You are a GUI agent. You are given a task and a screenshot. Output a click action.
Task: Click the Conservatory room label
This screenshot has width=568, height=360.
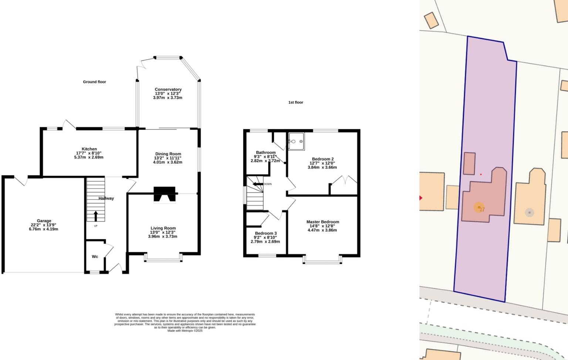pos(168,89)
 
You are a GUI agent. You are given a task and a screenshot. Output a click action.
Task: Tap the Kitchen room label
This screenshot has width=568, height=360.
pos(89,149)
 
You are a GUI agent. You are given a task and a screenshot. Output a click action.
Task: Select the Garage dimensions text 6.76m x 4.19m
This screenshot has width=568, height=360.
pos(44,229)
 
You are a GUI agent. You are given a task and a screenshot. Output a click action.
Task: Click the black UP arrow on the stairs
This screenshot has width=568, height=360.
pos(96,216)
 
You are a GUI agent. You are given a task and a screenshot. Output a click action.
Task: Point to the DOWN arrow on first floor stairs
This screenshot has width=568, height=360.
pos(258,184)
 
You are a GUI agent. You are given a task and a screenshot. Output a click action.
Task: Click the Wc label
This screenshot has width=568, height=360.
pos(95,256)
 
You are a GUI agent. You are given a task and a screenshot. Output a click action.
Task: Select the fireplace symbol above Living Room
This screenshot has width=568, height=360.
pos(165,195)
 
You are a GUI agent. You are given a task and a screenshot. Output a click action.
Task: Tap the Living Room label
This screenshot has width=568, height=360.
pos(163,228)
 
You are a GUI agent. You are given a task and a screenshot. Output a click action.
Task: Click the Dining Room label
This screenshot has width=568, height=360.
pos(168,154)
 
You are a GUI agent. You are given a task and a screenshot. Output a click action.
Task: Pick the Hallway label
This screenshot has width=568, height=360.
pos(106,198)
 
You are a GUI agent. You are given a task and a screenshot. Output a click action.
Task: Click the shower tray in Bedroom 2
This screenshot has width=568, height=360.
pos(297,141)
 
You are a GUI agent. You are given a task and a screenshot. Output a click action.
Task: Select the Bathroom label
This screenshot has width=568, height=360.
pos(266,152)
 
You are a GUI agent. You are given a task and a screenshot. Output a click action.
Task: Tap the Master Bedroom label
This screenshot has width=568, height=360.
pos(322,222)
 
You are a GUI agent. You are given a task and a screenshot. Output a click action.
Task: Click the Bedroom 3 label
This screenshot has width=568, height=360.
pos(266,233)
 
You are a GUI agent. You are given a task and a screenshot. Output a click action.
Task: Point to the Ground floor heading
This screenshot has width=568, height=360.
pos(94,82)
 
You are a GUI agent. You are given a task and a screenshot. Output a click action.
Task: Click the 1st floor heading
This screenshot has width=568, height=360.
pos(296,102)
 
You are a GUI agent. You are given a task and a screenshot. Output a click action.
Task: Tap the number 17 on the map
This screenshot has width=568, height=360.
pos(482,209)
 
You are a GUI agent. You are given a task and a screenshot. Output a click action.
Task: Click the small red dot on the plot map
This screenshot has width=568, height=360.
pos(481,174)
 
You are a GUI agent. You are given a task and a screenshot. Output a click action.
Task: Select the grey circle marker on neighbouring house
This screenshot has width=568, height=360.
pos(530,212)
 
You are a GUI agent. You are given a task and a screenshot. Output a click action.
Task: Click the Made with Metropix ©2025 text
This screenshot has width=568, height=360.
pos(185,331)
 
